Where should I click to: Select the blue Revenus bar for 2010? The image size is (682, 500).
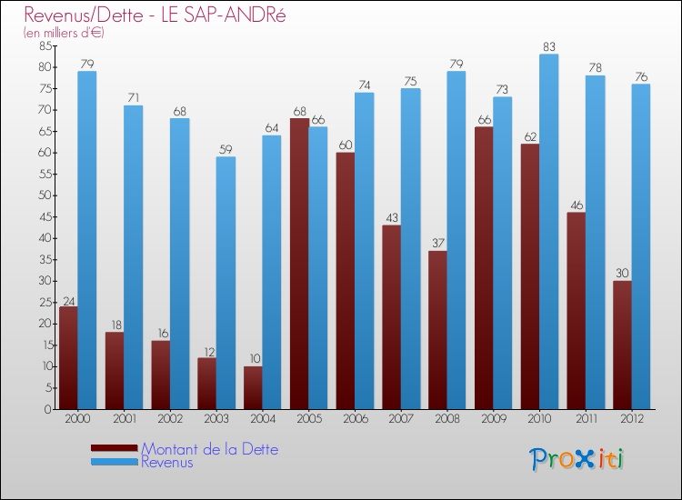tap(548, 232)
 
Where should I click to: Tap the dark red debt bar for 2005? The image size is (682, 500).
tap(299, 264)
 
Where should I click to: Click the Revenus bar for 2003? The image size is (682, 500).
tap(226, 283)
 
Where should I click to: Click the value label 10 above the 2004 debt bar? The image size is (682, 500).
tap(253, 359)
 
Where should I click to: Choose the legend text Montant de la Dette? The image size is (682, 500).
tap(210, 449)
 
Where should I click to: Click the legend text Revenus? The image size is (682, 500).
tap(167, 462)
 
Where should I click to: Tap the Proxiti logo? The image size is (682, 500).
tap(577, 459)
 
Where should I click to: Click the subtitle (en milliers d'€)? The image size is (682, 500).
tap(65, 33)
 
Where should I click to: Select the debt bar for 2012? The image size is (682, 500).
tap(622, 345)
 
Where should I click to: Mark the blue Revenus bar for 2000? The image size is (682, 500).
tap(87, 240)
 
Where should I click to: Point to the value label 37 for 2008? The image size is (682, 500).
tap(437, 244)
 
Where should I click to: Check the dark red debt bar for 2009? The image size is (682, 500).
tap(484, 268)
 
